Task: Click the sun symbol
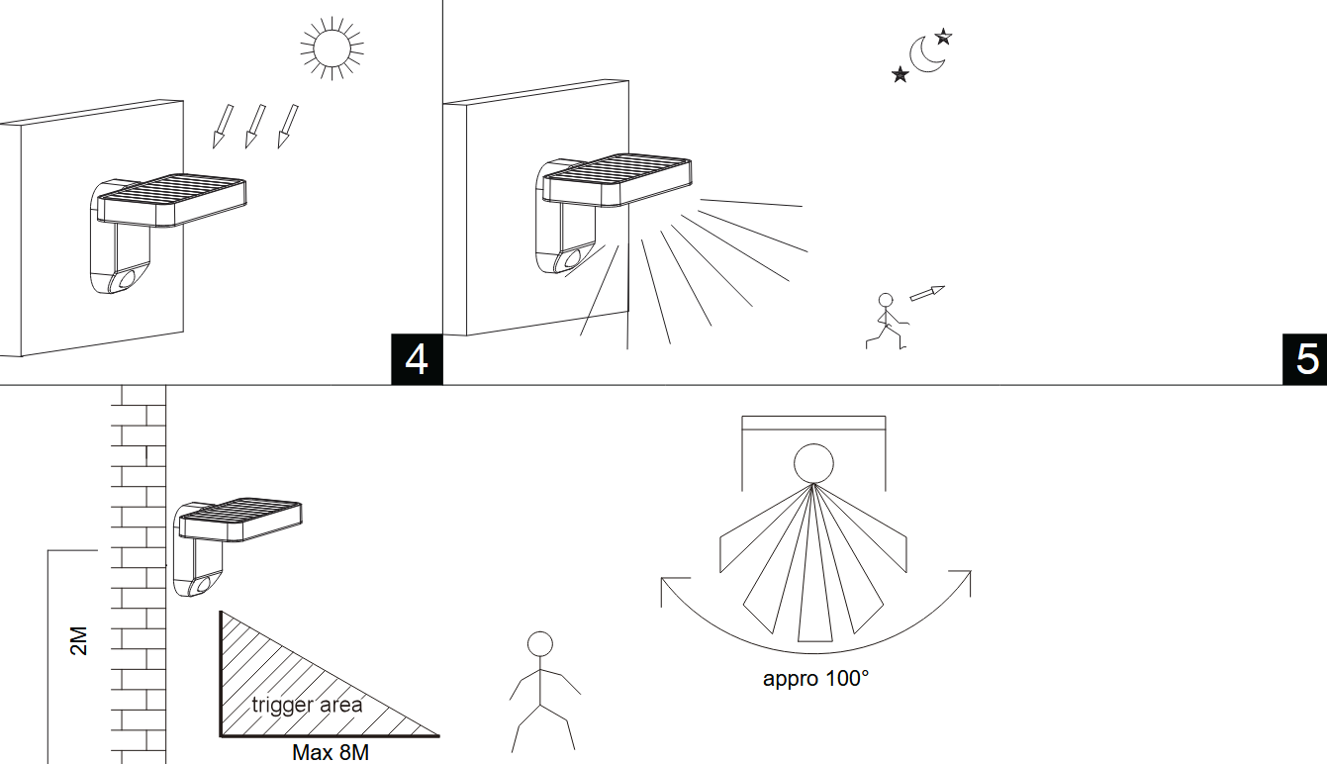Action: (x=332, y=46)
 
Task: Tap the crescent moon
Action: (x=926, y=55)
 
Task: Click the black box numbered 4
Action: (x=417, y=359)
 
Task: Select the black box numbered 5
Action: (x=1305, y=359)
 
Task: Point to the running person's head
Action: (x=886, y=299)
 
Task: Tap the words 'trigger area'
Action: (x=307, y=706)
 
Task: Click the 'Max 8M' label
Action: (x=331, y=753)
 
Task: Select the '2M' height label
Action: (x=80, y=640)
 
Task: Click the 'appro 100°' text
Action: (x=816, y=679)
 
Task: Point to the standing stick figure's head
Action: (x=540, y=644)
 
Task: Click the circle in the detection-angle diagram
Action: (x=813, y=463)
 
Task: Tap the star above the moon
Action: (x=943, y=37)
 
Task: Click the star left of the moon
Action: (x=900, y=74)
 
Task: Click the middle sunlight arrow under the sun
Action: (x=254, y=126)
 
